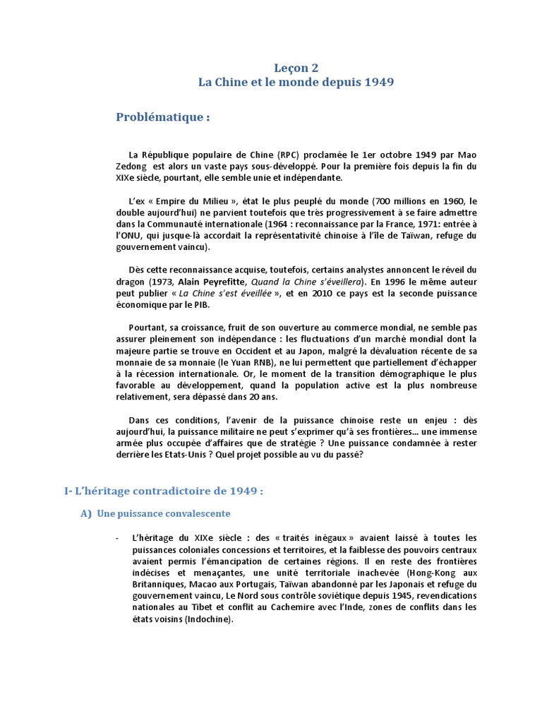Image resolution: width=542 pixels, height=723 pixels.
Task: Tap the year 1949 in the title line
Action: (379, 83)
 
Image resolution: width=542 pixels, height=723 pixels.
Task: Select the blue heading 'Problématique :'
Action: (163, 117)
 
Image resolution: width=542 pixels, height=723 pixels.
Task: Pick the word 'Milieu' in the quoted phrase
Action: (210, 201)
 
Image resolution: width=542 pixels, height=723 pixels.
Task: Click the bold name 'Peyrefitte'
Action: (213, 282)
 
